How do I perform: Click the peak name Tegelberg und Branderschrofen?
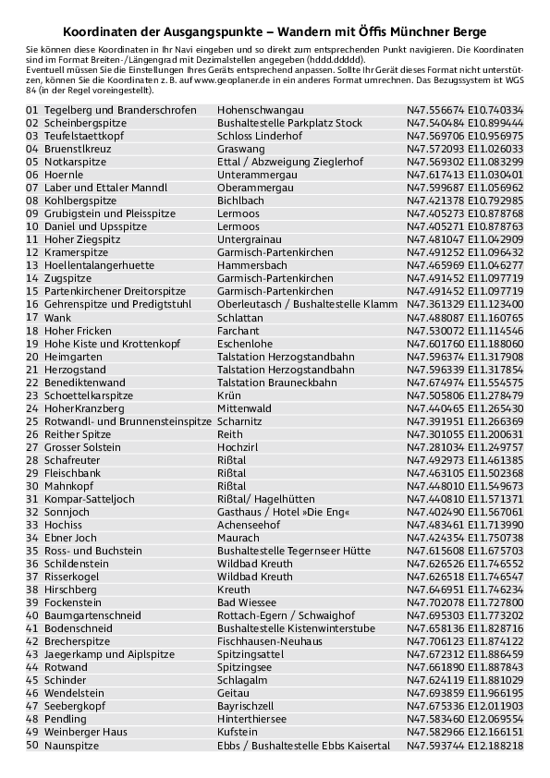(x=120, y=110)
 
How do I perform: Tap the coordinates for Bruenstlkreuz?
(x=465, y=149)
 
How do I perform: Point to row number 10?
(x=32, y=226)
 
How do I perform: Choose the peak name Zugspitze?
(x=67, y=278)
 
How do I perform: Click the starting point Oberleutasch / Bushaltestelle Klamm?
(x=307, y=304)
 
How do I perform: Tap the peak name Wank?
(x=57, y=317)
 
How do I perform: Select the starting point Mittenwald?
(x=244, y=408)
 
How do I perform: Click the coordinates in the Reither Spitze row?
(x=465, y=434)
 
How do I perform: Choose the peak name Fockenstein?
(x=73, y=602)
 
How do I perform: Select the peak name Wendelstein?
(x=76, y=693)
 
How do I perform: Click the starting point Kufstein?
(x=237, y=732)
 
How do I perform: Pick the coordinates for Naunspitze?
(x=465, y=745)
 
